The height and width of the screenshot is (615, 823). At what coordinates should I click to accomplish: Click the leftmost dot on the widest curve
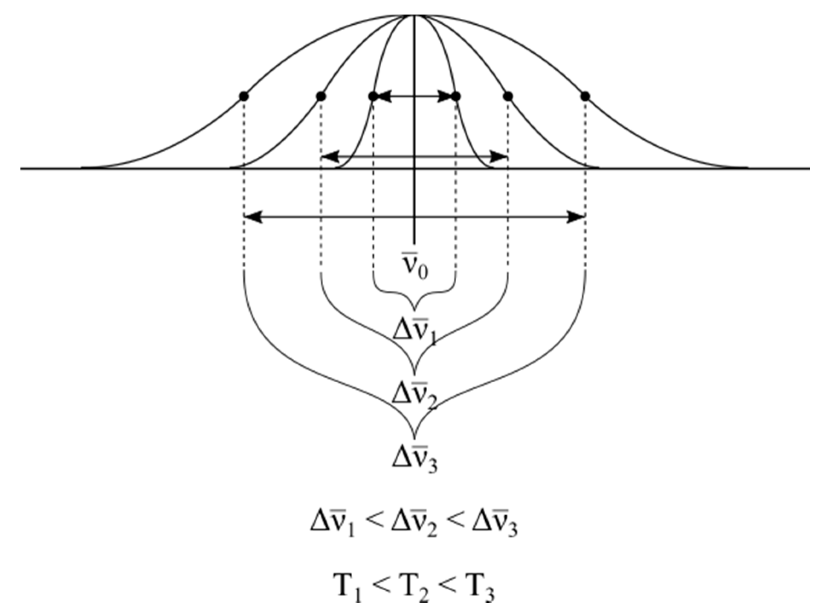pyautogui.click(x=243, y=96)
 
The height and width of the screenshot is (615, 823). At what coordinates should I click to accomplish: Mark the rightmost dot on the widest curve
pyautogui.click(x=585, y=96)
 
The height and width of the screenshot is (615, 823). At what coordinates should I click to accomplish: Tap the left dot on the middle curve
pyautogui.click(x=321, y=96)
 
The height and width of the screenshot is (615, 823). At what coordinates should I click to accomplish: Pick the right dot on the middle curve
pyautogui.click(x=508, y=96)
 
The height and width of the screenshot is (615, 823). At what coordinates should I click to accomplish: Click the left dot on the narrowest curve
pyautogui.click(x=373, y=96)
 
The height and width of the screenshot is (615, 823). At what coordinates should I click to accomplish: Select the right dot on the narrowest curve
pyautogui.click(x=456, y=96)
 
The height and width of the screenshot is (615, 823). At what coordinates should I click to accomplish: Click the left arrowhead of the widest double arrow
pyautogui.click(x=252, y=217)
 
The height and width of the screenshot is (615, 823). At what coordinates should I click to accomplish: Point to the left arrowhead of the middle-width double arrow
pyautogui.click(x=329, y=157)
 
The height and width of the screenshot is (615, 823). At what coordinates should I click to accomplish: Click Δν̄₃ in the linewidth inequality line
pyautogui.click(x=494, y=525)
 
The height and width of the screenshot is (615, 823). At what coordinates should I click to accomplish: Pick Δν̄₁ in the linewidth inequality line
pyautogui.click(x=333, y=525)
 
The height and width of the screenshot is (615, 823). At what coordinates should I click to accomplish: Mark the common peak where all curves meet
pyautogui.click(x=414, y=15)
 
